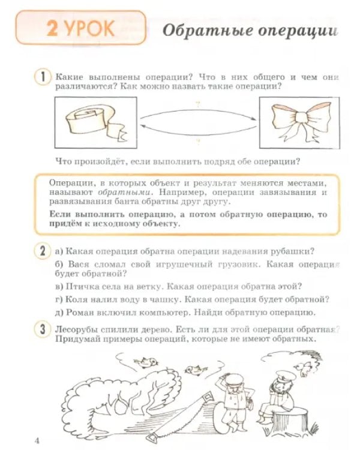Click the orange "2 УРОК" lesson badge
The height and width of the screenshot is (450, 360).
pyautogui.click(x=80, y=28)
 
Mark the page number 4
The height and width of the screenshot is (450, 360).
pyautogui.click(x=37, y=442)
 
